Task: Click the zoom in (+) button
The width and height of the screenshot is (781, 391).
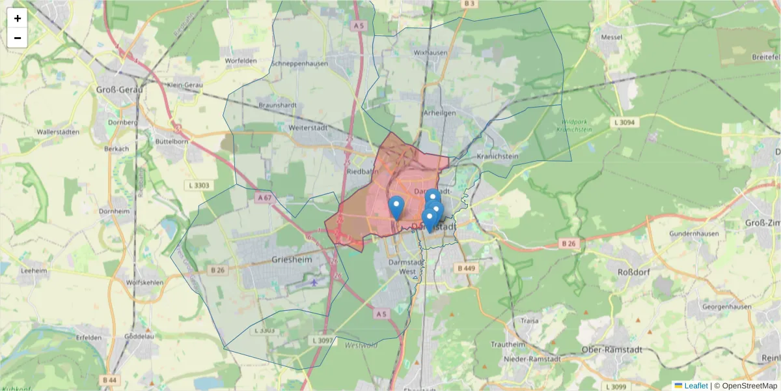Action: pyautogui.click(x=18, y=18)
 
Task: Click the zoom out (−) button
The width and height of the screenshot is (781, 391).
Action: pyautogui.click(x=18, y=38)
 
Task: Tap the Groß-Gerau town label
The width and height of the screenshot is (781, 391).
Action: pyautogui.click(x=120, y=89)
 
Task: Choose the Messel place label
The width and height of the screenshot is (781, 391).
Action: pyautogui.click(x=612, y=37)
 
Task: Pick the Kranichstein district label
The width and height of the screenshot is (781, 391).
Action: pyautogui.click(x=497, y=156)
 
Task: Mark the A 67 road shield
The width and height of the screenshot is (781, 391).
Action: pyautogui.click(x=264, y=197)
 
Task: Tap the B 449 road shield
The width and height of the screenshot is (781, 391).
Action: pyautogui.click(x=467, y=268)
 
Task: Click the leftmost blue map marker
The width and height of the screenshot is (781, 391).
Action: pyautogui.click(x=396, y=207)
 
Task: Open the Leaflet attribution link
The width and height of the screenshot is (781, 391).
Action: pyautogui.click(x=695, y=386)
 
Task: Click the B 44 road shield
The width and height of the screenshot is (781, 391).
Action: pyautogui.click(x=109, y=379)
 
